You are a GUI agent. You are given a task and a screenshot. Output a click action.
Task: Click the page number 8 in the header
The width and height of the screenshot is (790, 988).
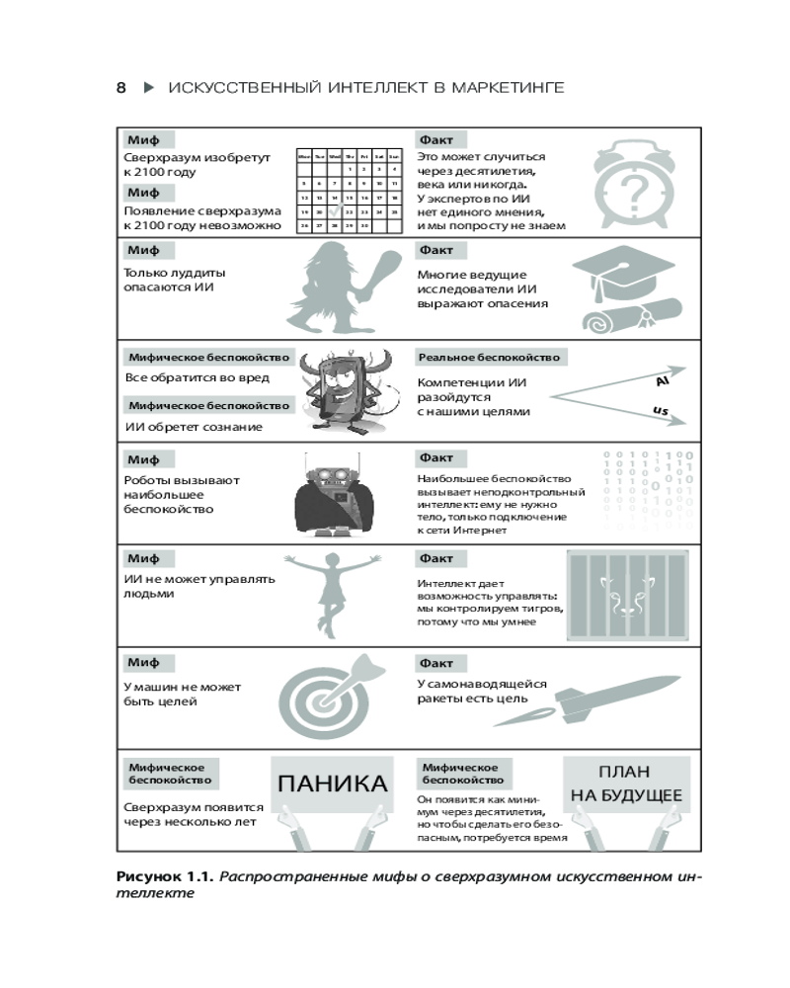121,88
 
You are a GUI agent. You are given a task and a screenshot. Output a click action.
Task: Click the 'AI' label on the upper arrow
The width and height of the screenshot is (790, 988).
664,379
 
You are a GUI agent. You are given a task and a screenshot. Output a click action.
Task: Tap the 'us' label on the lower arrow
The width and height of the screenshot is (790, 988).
661,410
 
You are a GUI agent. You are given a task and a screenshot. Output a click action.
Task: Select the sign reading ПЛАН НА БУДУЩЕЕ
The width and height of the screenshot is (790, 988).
625,783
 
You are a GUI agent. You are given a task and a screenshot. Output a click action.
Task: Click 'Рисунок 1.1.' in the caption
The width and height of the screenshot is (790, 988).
163,876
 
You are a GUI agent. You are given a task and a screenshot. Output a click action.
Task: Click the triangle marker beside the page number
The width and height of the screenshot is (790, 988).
149,88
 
